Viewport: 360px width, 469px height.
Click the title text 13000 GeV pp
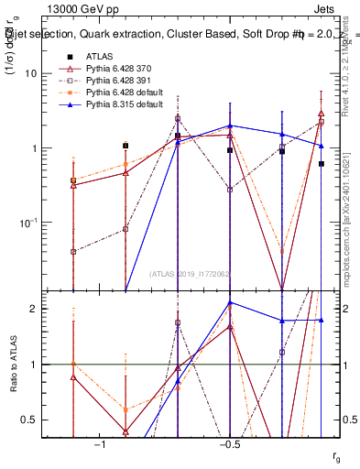(77, 9)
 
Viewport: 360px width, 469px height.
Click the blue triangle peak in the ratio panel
(230, 302)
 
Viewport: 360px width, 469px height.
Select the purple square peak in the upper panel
(178, 118)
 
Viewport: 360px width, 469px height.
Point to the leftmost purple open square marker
(73, 251)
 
